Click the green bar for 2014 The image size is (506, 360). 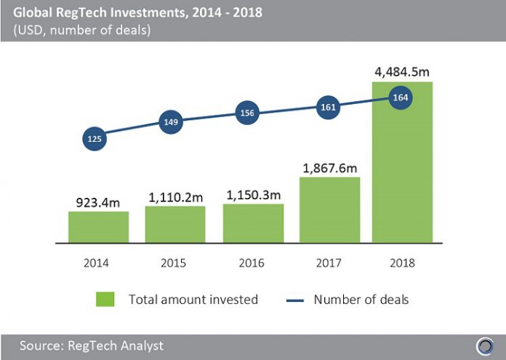[x=99, y=226]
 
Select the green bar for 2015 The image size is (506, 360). [x=175, y=224]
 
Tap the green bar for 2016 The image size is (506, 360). [x=252, y=223]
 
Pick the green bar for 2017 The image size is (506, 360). [x=329, y=209]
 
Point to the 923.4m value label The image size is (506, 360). [x=98, y=200]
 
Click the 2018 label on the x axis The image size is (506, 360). [x=403, y=263]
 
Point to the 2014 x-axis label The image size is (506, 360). [x=98, y=263]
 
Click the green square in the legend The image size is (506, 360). [x=105, y=299]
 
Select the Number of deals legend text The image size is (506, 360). [x=361, y=299]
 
